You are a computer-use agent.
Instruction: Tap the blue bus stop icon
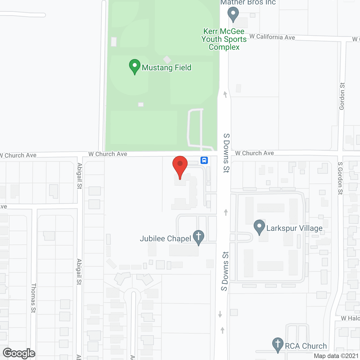click(x=204, y=160)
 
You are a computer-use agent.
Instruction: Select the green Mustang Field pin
click(x=135, y=66)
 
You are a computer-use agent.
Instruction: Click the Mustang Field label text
click(x=166, y=68)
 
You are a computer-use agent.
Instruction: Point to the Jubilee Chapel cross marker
click(x=199, y=237)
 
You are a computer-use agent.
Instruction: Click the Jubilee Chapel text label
click(x=165, y=239)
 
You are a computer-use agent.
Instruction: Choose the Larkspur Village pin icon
click(x=259, y=227)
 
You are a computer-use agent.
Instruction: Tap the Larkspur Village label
click(x=294, y=228)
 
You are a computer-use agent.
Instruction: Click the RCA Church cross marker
click(x=278, y=345)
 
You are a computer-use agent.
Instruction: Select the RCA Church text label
click(x=306, y=346)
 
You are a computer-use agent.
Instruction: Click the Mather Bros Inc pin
click(x=233, y=14)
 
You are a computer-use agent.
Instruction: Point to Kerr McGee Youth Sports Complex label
click(x=224, y=39)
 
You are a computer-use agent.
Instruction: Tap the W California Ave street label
click(x=272, y=37)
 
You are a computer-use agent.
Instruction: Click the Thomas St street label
click(x=33, y=298)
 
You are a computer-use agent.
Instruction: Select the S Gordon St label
click(x=340, y=178)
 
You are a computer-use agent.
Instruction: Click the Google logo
click(x=19, y=353)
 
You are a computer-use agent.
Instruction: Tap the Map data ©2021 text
click(x=336, y=356)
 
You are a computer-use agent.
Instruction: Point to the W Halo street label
click(x=350, y=318)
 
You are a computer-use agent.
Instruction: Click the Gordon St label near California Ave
click(x=342, y=96)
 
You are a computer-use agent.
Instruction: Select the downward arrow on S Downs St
click(x=220, y=314)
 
